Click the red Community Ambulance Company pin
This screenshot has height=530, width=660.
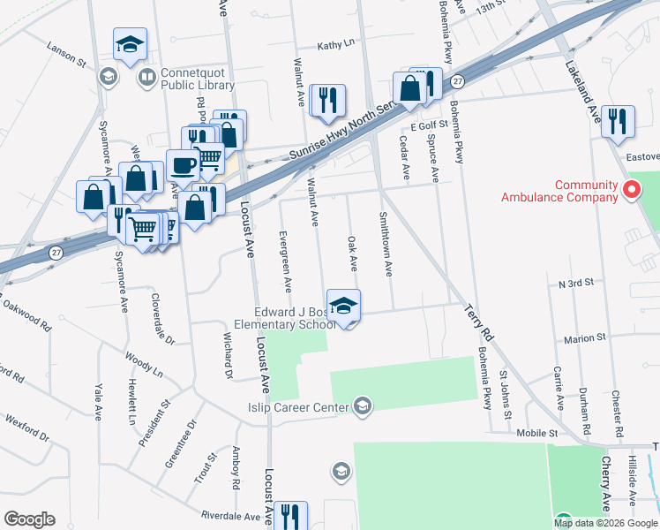[631, 189]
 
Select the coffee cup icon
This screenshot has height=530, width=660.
[183, 164]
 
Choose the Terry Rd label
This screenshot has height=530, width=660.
[477, 322]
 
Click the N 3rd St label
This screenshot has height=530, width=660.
[577, 284]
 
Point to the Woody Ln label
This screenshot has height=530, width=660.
[145, 367]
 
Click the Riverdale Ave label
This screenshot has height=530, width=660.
[230, 515]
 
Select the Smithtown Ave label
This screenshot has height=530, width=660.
[385, 244]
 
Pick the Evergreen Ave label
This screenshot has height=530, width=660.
[284, 261]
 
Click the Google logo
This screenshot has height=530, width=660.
[29, 519]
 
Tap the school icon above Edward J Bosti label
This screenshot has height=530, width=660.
[343, 305]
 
